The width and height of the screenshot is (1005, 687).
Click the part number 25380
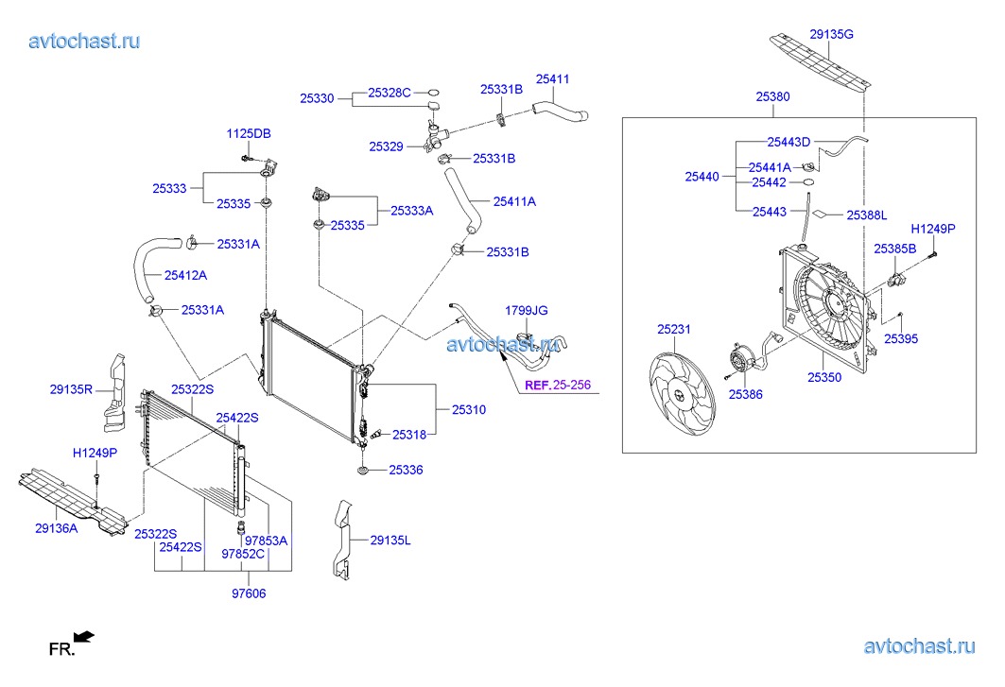click(772, 96)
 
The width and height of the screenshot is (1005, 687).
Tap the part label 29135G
click(831, 34)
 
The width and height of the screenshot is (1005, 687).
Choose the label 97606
click(249, 593)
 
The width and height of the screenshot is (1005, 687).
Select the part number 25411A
click(513, 201)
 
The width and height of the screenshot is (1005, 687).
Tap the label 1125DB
click(248, 134)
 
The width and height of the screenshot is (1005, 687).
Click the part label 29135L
click(390, 541)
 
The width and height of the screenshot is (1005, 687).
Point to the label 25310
click(468, 410)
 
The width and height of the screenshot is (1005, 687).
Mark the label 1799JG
click(526, 310)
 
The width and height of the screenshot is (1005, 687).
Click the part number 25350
click(823, 377)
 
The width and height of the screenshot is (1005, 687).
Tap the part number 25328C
click(390, 93)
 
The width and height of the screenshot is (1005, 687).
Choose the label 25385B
click(894, 249)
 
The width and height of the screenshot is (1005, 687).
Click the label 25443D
click(788, 142)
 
